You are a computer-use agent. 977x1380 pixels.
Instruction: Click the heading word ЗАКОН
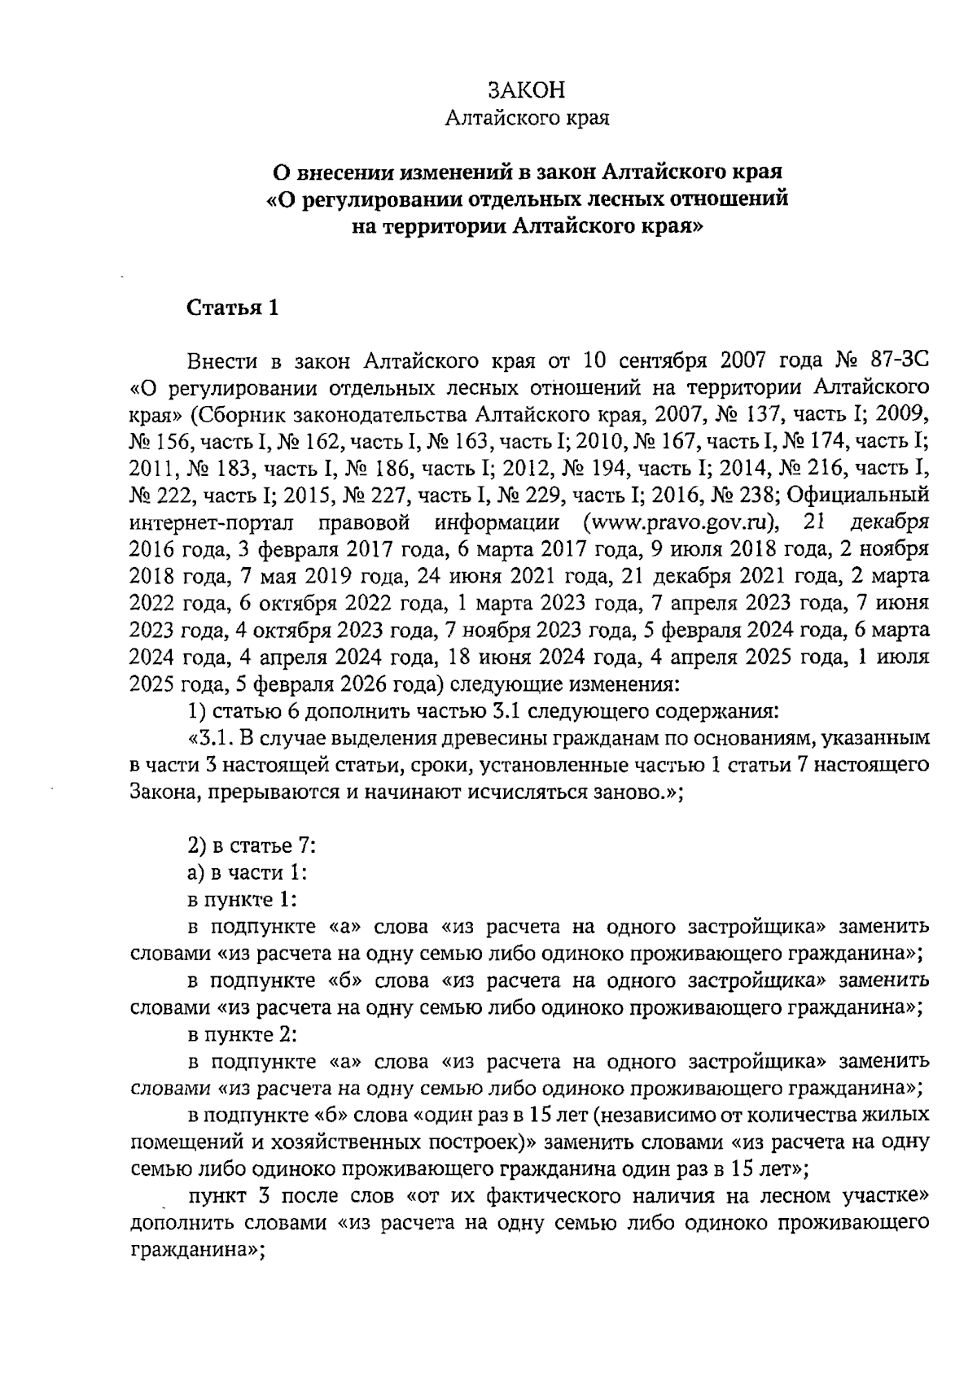(x=527, y=90)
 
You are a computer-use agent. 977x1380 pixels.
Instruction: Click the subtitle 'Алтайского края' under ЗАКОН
(x=527, y=119)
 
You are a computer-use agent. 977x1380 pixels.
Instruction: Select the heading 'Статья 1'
(x=233, y=308)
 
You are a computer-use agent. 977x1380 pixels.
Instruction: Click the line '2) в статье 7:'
(x=252, y=845)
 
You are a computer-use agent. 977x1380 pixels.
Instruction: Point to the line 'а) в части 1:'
(x=247, y=872)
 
